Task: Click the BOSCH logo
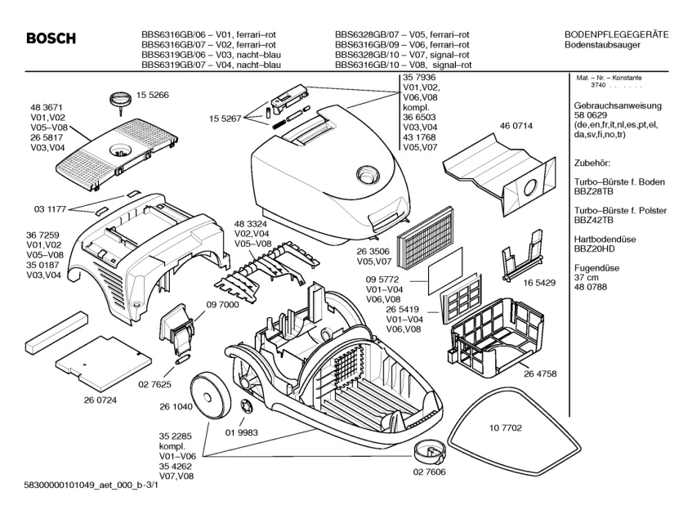click(x=51, y=40)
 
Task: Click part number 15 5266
click(x=152, y=96)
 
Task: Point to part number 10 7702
click(x=506, y=428)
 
